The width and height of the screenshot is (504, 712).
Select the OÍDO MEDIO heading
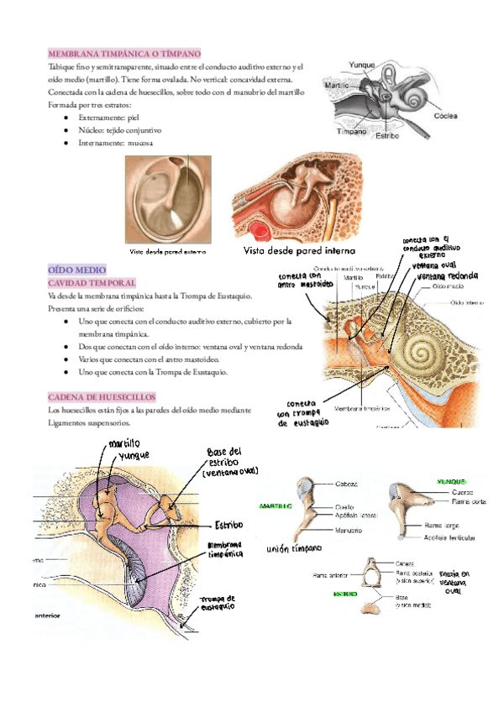coord(76,270)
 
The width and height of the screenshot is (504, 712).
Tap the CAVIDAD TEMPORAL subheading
coord(92,284)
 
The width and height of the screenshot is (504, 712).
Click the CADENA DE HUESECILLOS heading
coord(102,396)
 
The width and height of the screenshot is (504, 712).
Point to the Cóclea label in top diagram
coord(446,117)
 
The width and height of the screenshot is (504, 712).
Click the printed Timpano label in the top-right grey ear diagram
coord(352,132)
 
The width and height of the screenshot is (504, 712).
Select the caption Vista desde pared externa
coord(168,250)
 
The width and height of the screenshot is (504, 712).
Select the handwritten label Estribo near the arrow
coord(228,524)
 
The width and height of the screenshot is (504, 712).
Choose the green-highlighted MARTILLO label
coord(275,507)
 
